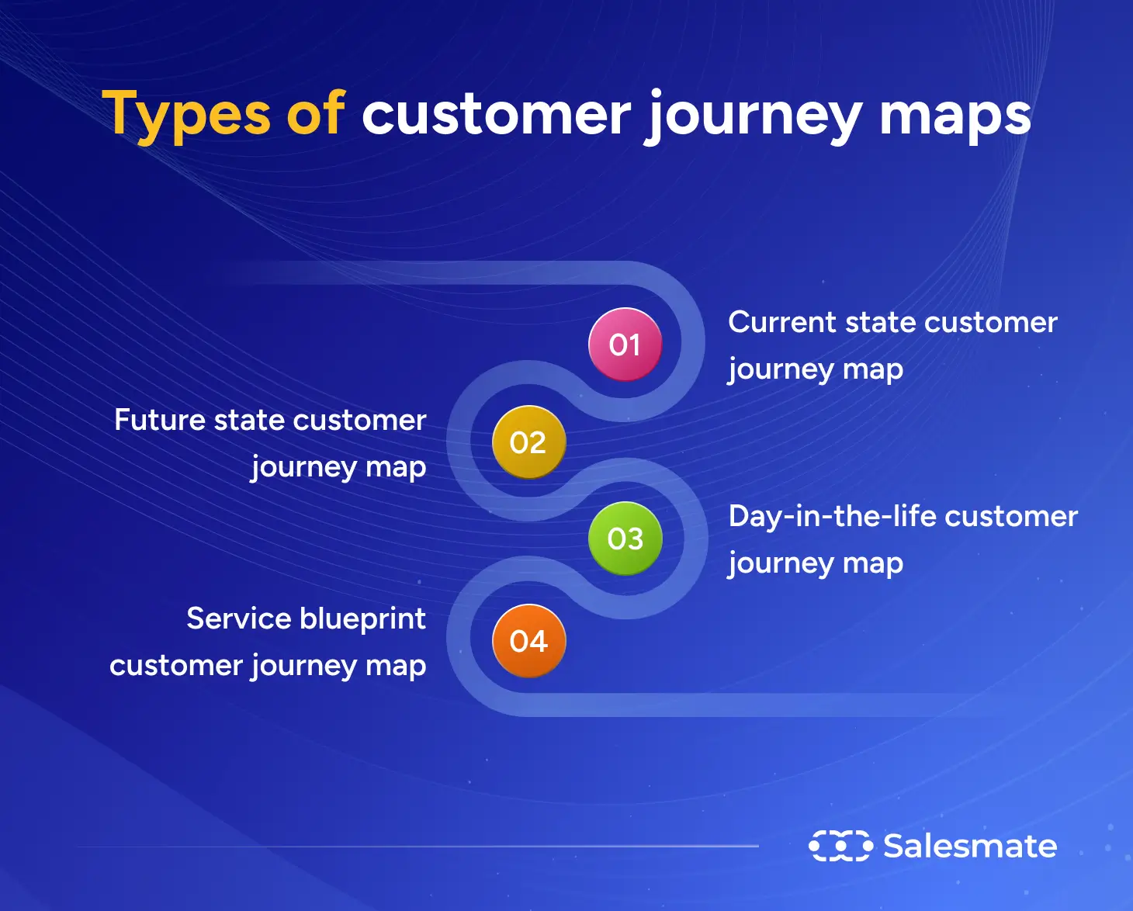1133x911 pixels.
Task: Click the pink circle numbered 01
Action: coord(625,345)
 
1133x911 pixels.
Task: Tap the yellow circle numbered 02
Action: coord(528,442)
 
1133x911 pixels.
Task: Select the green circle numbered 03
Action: coord(625,539)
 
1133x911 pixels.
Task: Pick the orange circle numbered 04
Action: coord(528,641)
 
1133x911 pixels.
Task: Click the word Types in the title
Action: coord(186,115)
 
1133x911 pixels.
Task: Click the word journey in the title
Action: coord(754,116)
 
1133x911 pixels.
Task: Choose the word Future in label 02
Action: coord(159,420)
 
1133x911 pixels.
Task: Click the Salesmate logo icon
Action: coord(840,846)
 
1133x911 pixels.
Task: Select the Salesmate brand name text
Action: coord(970,846)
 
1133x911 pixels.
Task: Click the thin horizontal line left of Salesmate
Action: coord(419,846)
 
